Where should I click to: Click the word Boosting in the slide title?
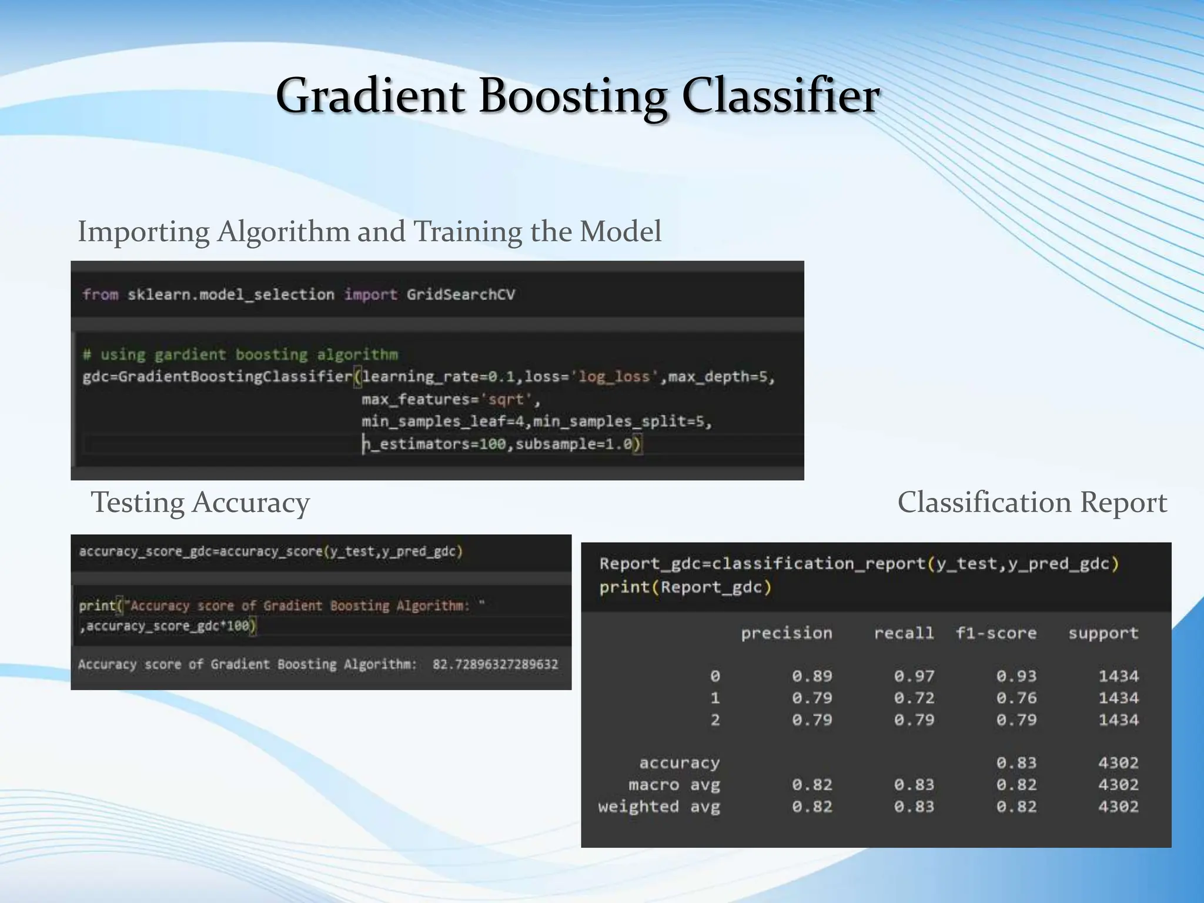[x=573, y=97]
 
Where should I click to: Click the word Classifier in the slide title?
[x=780, y=97]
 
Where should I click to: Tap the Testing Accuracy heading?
[x=200, y=503]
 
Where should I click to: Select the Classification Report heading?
[x=1032, y=503]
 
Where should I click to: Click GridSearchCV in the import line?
[x=460, y=295]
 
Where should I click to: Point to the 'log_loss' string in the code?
[x=614, y=377]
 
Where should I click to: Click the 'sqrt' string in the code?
[x=506, y=400]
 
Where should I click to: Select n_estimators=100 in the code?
[x=434, y=444]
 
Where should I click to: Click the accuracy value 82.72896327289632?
[x=495, y=665]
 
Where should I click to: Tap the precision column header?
[x=786, y=633]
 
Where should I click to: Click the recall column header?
[x=904, y=633]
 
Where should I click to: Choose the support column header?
[x=1103, y=633]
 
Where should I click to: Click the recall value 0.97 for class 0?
[x=914, y=677]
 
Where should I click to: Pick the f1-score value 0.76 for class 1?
[x=1016, y=698]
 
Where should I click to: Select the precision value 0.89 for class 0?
[x=812, y=677]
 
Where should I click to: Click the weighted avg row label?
[x=659, y=807]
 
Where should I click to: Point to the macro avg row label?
[x=674, y=785]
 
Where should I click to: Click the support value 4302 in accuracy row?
[x=1118, y=763]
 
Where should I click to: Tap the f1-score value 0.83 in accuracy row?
[x=1016, y=763]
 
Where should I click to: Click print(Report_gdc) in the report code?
[x=685, y=587]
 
